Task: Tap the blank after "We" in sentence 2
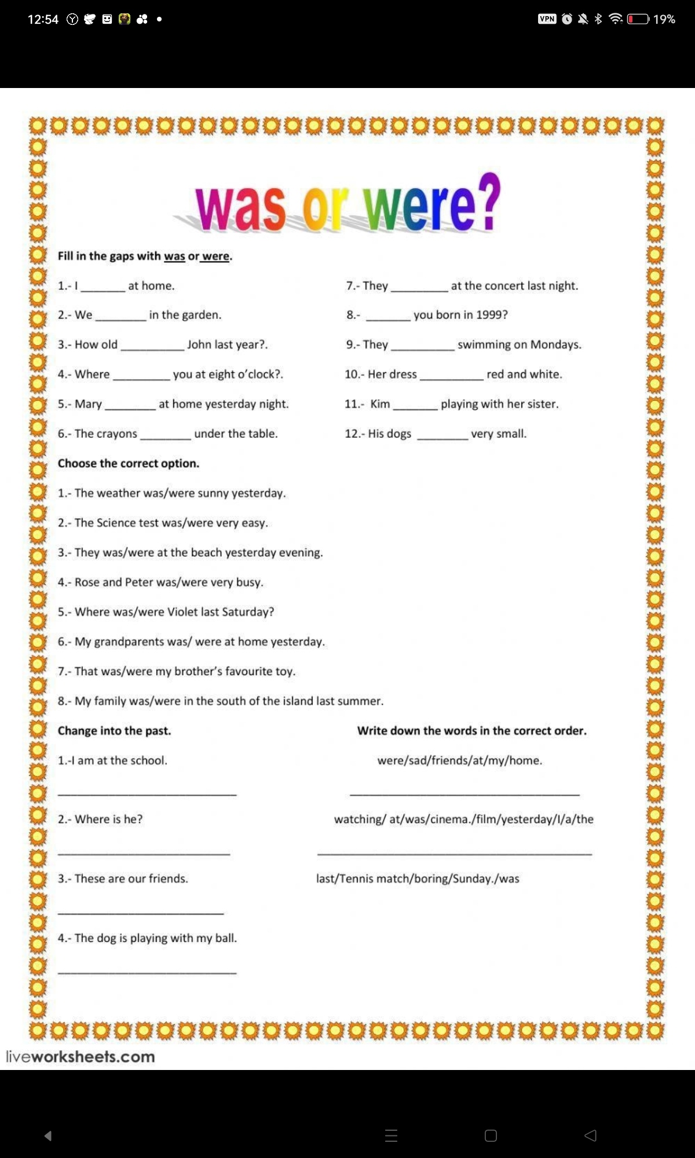tap(120, 317)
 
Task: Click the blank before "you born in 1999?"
tap(388, 317)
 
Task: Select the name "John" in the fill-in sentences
tap(199, 345)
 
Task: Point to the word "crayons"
tap(118, 434)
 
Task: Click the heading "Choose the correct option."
tap(129, 463)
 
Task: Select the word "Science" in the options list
tap(119, 523)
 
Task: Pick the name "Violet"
tap(183, 612)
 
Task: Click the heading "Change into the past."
tap(114, 731)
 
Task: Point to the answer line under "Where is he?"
tap(144, 853)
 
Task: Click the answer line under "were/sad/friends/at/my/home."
tap(464, 794)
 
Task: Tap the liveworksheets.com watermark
tap(81, 1057)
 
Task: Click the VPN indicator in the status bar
tap(547, 19)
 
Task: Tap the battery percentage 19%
tap(664, 19)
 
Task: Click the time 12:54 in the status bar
tap(43, 19)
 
